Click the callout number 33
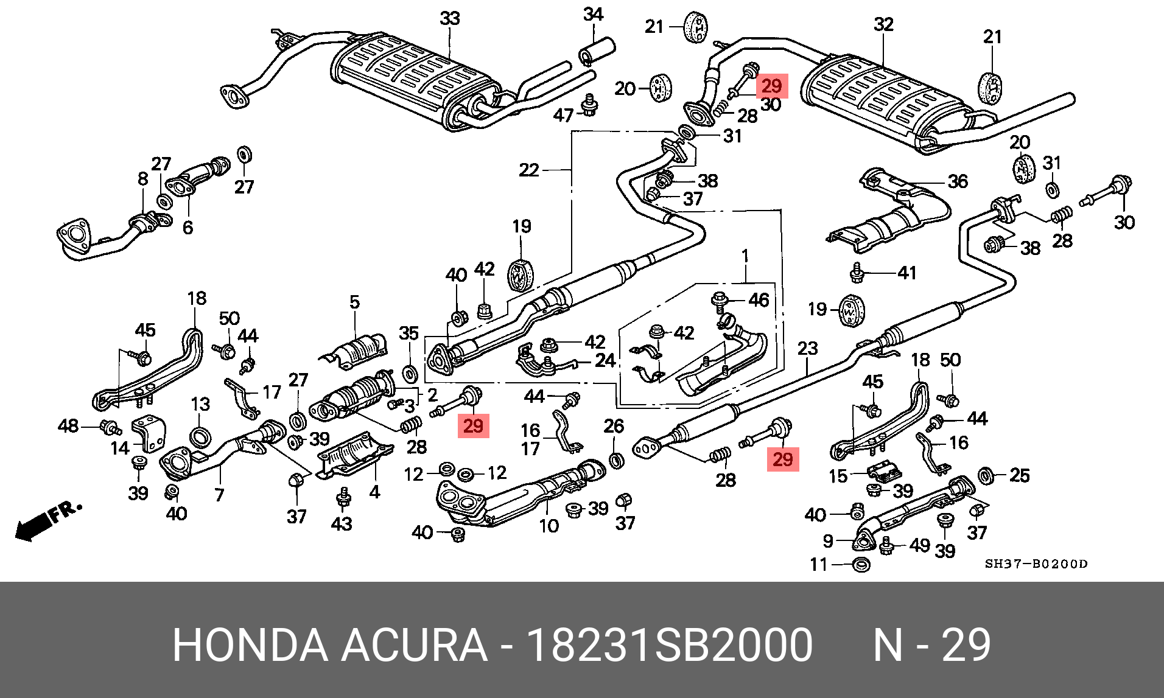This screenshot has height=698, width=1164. point(450,19)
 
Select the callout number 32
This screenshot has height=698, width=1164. point(883,24)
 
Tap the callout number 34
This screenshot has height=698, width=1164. point(593,14)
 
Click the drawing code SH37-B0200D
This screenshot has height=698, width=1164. point(1036,564)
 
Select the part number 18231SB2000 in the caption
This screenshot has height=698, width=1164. point(669,645)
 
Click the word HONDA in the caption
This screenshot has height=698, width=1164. point(250,645)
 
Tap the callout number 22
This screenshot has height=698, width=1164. point(529,170)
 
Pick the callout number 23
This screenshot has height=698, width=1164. point(807,349)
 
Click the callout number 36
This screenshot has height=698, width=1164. point(958,181)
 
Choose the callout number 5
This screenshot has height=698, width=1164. point(354,302)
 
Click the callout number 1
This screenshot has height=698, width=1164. point(745,256)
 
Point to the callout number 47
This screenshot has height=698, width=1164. point(563,115)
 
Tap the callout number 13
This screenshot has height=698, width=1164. point(200,404)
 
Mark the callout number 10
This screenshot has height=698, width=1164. point(549,525)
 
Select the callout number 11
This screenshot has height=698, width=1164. point(819,565)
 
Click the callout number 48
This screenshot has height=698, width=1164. point(68,425)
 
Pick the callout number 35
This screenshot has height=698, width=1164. point(408,333)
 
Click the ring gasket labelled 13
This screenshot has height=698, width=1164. point(200,436)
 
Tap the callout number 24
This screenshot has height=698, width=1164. point(605,360)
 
